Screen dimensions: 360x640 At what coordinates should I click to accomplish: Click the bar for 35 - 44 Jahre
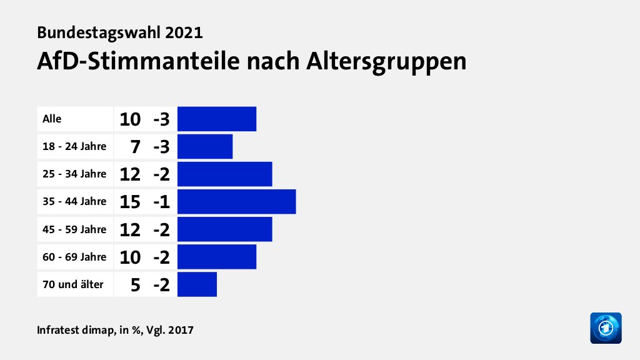pos(236,201)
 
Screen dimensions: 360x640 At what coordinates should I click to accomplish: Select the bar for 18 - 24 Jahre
pos(205,147)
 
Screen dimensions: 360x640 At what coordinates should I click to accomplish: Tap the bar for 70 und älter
pos(197,284)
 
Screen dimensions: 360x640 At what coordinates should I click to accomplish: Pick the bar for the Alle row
pos(217,119)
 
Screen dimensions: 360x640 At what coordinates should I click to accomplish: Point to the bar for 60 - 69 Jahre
pos(217,256)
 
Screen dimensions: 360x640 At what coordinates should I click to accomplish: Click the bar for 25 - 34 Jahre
pos(224,174)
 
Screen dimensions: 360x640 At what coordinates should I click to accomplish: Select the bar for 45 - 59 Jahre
pos(224,229)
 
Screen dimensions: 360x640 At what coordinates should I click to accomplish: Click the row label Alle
pos(52,119)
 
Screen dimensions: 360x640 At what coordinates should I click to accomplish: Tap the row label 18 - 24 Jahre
pos(74,147)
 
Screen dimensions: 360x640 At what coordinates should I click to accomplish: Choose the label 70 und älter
pos(72,284)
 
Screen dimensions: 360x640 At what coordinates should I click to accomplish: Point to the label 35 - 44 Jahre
pos(74,201)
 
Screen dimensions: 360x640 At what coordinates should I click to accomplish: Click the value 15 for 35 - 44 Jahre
pos(130,202)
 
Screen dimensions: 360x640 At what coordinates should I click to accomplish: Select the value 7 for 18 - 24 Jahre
pos(134,147)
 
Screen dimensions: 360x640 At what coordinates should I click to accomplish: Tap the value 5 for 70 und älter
pos(134,284)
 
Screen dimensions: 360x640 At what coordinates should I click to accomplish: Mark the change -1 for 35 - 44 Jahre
pos(161,202)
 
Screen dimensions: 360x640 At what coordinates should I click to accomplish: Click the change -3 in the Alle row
pos(161,119)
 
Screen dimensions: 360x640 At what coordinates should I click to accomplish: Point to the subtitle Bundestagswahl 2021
pos(119,31)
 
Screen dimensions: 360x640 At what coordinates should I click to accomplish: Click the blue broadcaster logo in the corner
pos(606,327)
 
